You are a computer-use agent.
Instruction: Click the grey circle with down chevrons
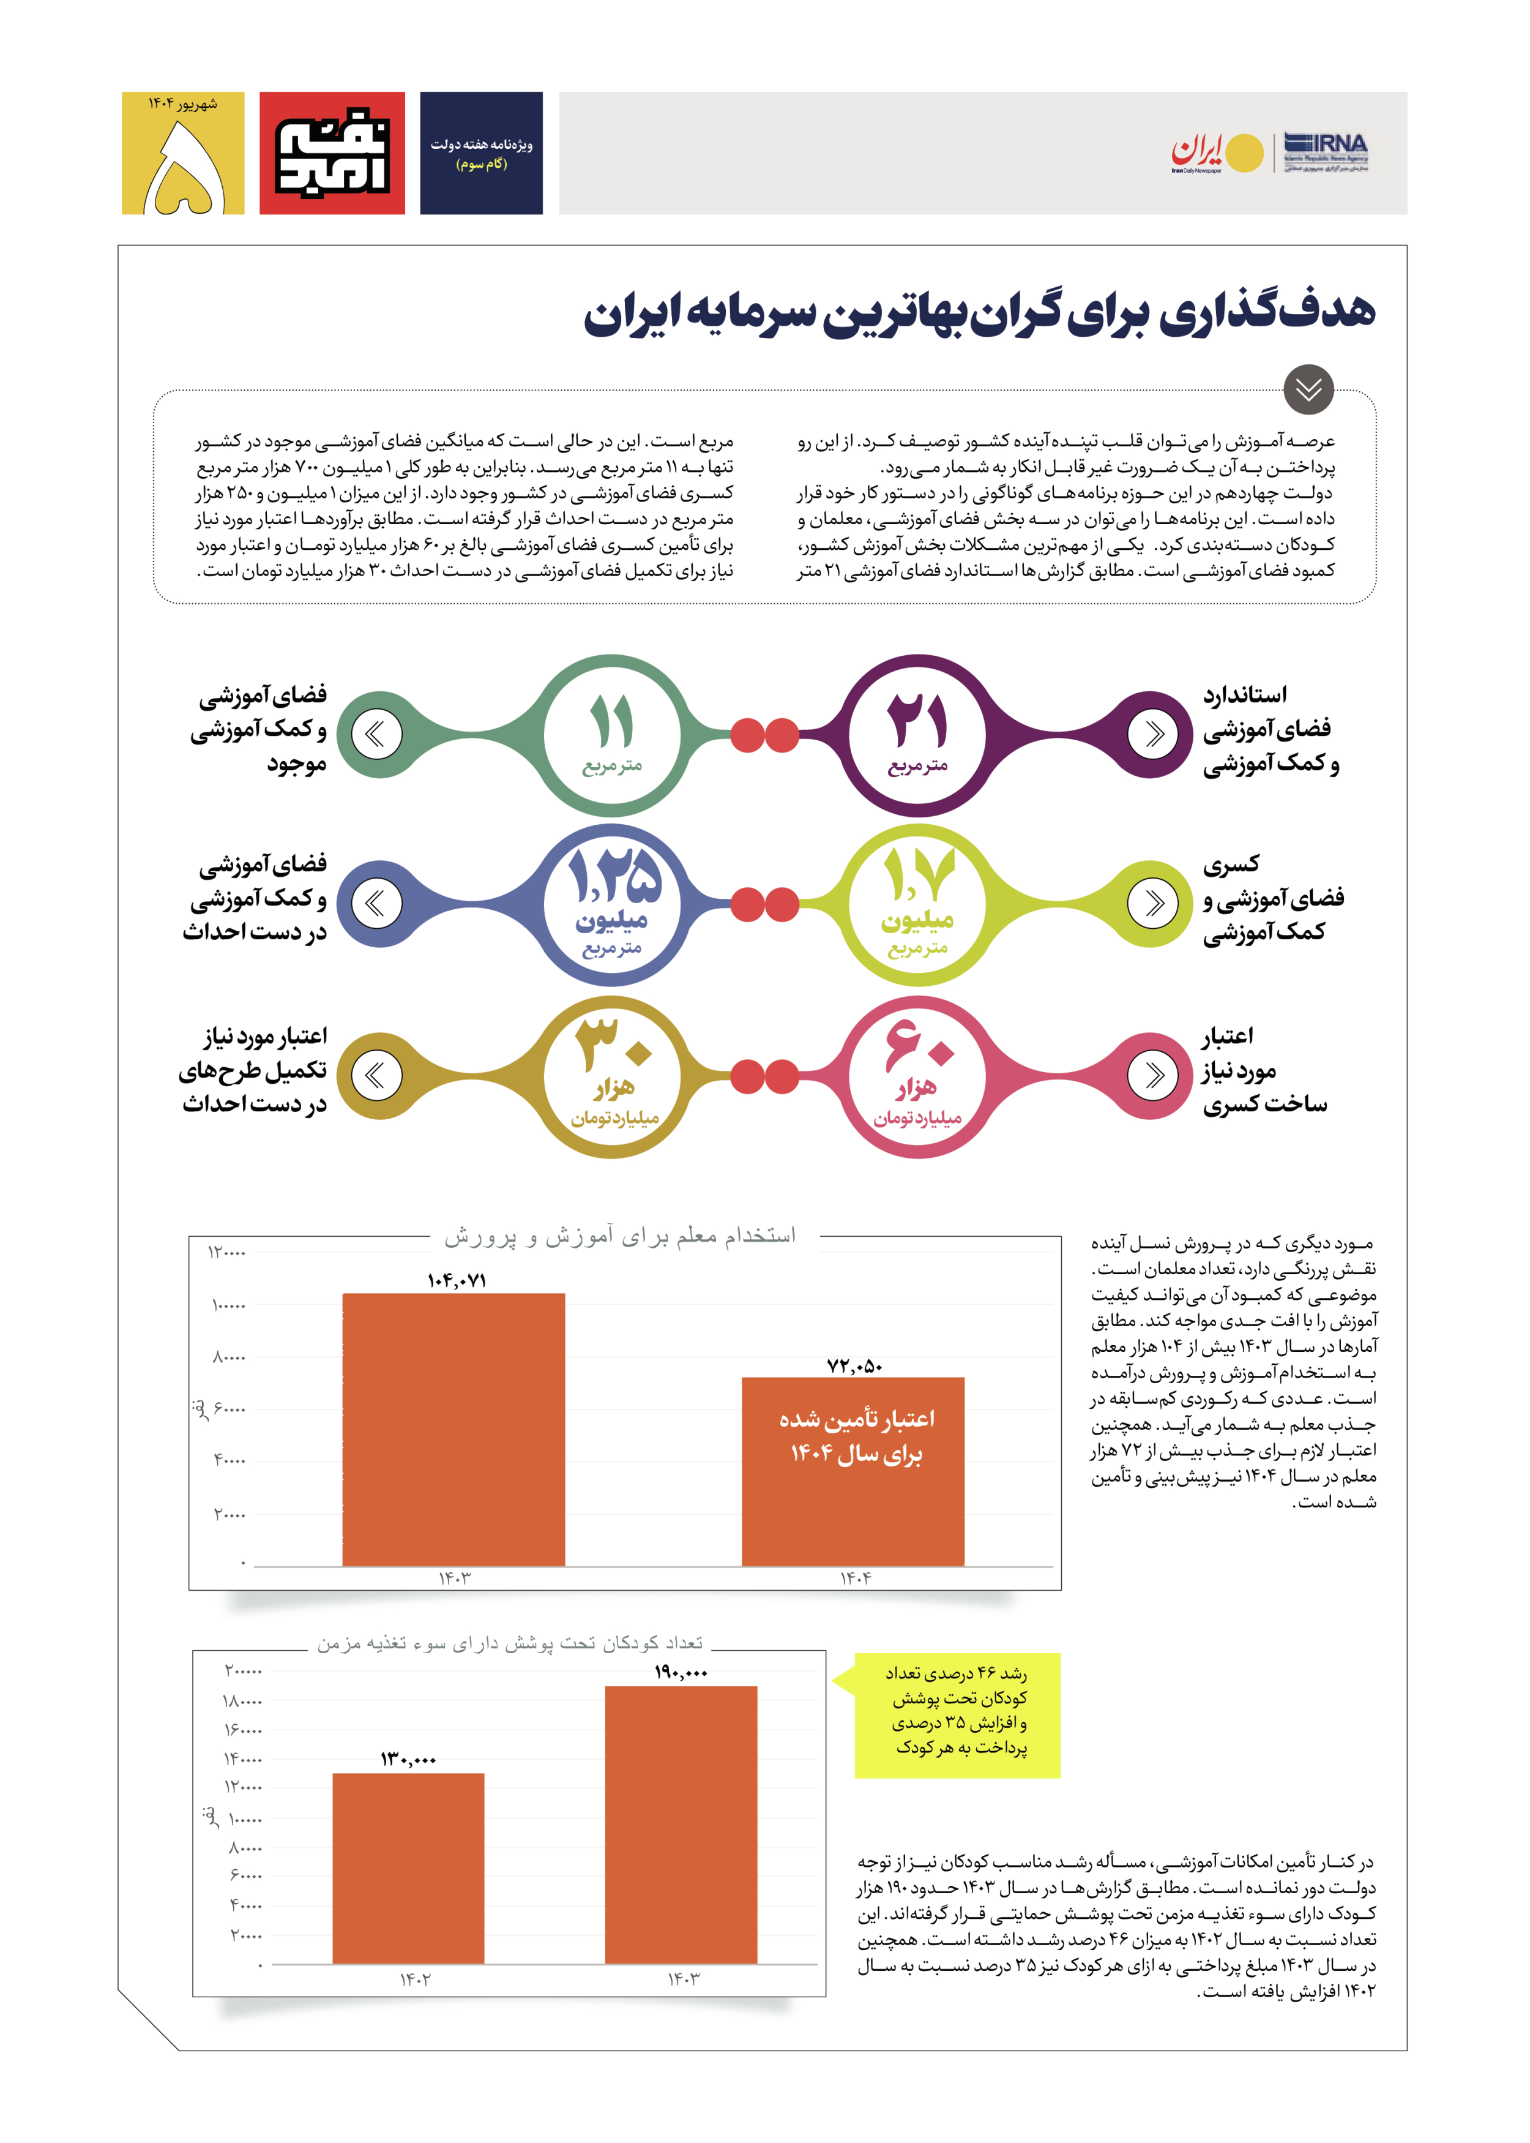1308,389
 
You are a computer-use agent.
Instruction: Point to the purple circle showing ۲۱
917,735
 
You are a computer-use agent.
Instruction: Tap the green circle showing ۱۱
613,735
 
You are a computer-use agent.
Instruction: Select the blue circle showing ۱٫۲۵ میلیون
613,905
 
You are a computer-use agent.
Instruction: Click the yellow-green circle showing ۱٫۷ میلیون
917,905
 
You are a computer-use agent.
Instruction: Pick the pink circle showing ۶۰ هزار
917,1076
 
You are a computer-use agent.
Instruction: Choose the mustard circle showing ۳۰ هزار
613,1076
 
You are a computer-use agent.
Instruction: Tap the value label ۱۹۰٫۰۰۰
680,1673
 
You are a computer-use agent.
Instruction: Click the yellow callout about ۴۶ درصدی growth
957,1715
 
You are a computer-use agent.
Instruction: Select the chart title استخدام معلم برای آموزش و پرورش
620,1236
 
